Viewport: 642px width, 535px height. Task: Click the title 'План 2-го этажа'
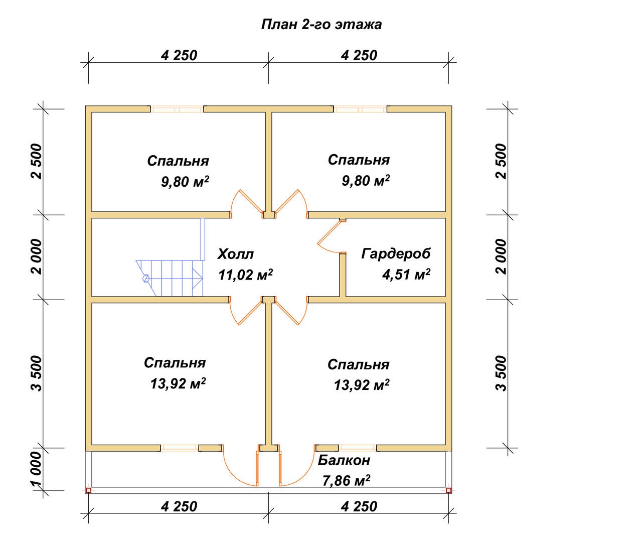(322, 25)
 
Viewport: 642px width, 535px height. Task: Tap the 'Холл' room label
(236, 254)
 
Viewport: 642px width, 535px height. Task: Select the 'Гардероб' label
(396, 253)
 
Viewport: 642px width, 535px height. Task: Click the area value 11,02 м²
(245, 275)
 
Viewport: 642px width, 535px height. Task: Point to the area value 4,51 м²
(406, 274)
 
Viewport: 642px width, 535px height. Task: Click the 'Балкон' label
(344, 460)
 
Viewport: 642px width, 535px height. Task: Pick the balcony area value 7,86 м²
(346, 480)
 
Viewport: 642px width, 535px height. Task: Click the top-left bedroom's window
(177, 109)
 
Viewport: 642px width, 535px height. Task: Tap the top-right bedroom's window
(360, 109)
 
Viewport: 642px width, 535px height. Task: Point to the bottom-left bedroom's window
(180, 448)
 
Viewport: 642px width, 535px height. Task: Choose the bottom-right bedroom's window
(358, 448)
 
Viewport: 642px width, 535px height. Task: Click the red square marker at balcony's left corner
(89, 490)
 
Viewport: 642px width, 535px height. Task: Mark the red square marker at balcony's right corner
(448, 490)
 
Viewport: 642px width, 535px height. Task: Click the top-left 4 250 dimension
(179, 55)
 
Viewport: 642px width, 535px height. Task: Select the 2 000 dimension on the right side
(501, 256)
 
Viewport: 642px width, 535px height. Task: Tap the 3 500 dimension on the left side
(37, 373)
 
